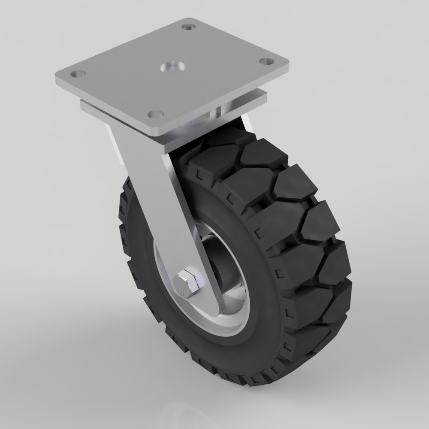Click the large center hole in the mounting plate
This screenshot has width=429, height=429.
[x=172, y=67]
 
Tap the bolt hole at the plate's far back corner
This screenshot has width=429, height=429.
[x=187, y=27]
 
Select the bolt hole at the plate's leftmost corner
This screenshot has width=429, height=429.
[x=78, y=74]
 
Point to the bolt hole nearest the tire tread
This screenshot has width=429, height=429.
[x=156, y=115]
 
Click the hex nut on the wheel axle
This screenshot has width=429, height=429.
[x=187, y=284]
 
